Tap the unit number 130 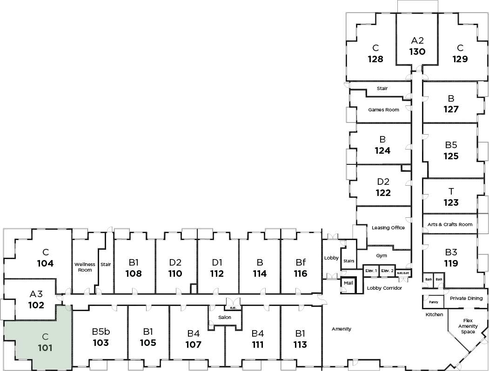click(x=417, y=52)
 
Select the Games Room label click(x=383, y=110)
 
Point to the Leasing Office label click(x=388, y=228)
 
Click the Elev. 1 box click(x=371, y=271)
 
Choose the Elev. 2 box click(x=387, y=271)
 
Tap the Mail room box click(x=348, y=283)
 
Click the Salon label click(x=225, y=317)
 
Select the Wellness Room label click(x=85, y=267)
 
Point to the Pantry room click(x=433, y=302)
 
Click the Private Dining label click(x=466, y=299)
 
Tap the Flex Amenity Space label click(x=468, y=326)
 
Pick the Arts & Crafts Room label click(x=450, y=224)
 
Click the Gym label click(x=382, y=255)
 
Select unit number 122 click(x=383, y=193)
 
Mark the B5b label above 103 click(x=100, y=332)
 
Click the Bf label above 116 click(x=301, y=262)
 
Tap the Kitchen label click(x=434, y=315)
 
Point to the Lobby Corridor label click(x=384, y=288)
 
